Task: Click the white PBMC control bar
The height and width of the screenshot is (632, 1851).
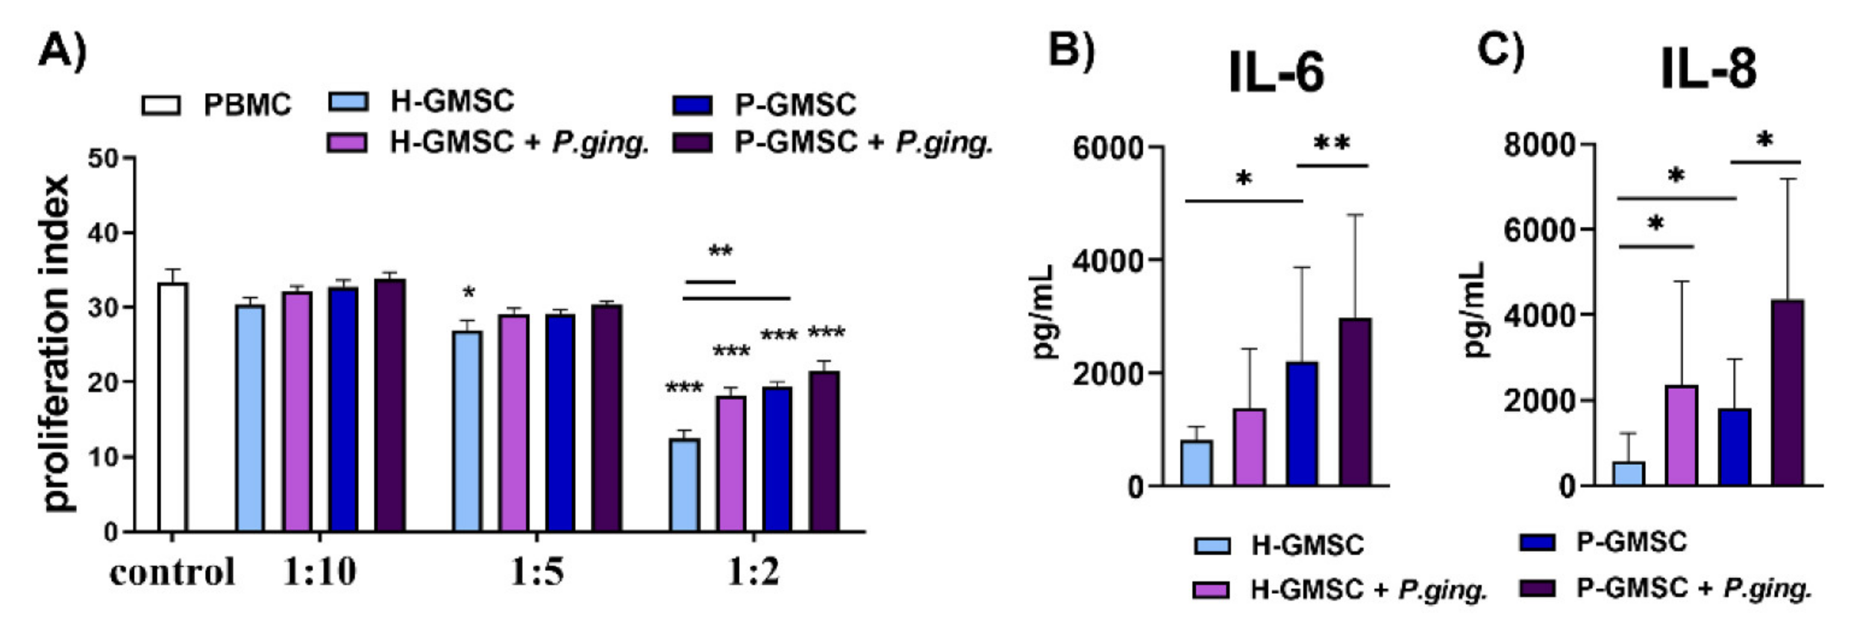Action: tap(172, 407)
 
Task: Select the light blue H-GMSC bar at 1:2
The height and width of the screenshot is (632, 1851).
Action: tap(684, 485)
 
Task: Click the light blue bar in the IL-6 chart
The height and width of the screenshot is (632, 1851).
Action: tap(1197, 463)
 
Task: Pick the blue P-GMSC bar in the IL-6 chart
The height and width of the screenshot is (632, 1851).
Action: tap(1302, 424)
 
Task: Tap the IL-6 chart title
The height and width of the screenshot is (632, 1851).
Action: tap(1277, 74)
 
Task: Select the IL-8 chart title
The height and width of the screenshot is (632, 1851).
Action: tap(1709, 71)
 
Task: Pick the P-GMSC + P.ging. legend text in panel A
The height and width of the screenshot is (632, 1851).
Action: tap(862, 142)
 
